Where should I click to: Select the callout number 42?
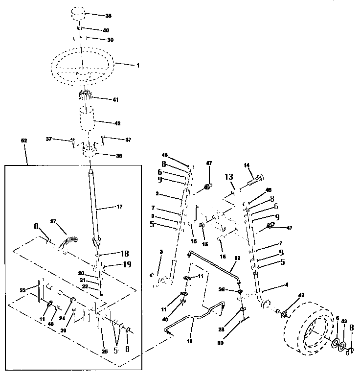tap(117, 123)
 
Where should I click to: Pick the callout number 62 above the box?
tap(24, 141)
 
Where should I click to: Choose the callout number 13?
tap(228, 177)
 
